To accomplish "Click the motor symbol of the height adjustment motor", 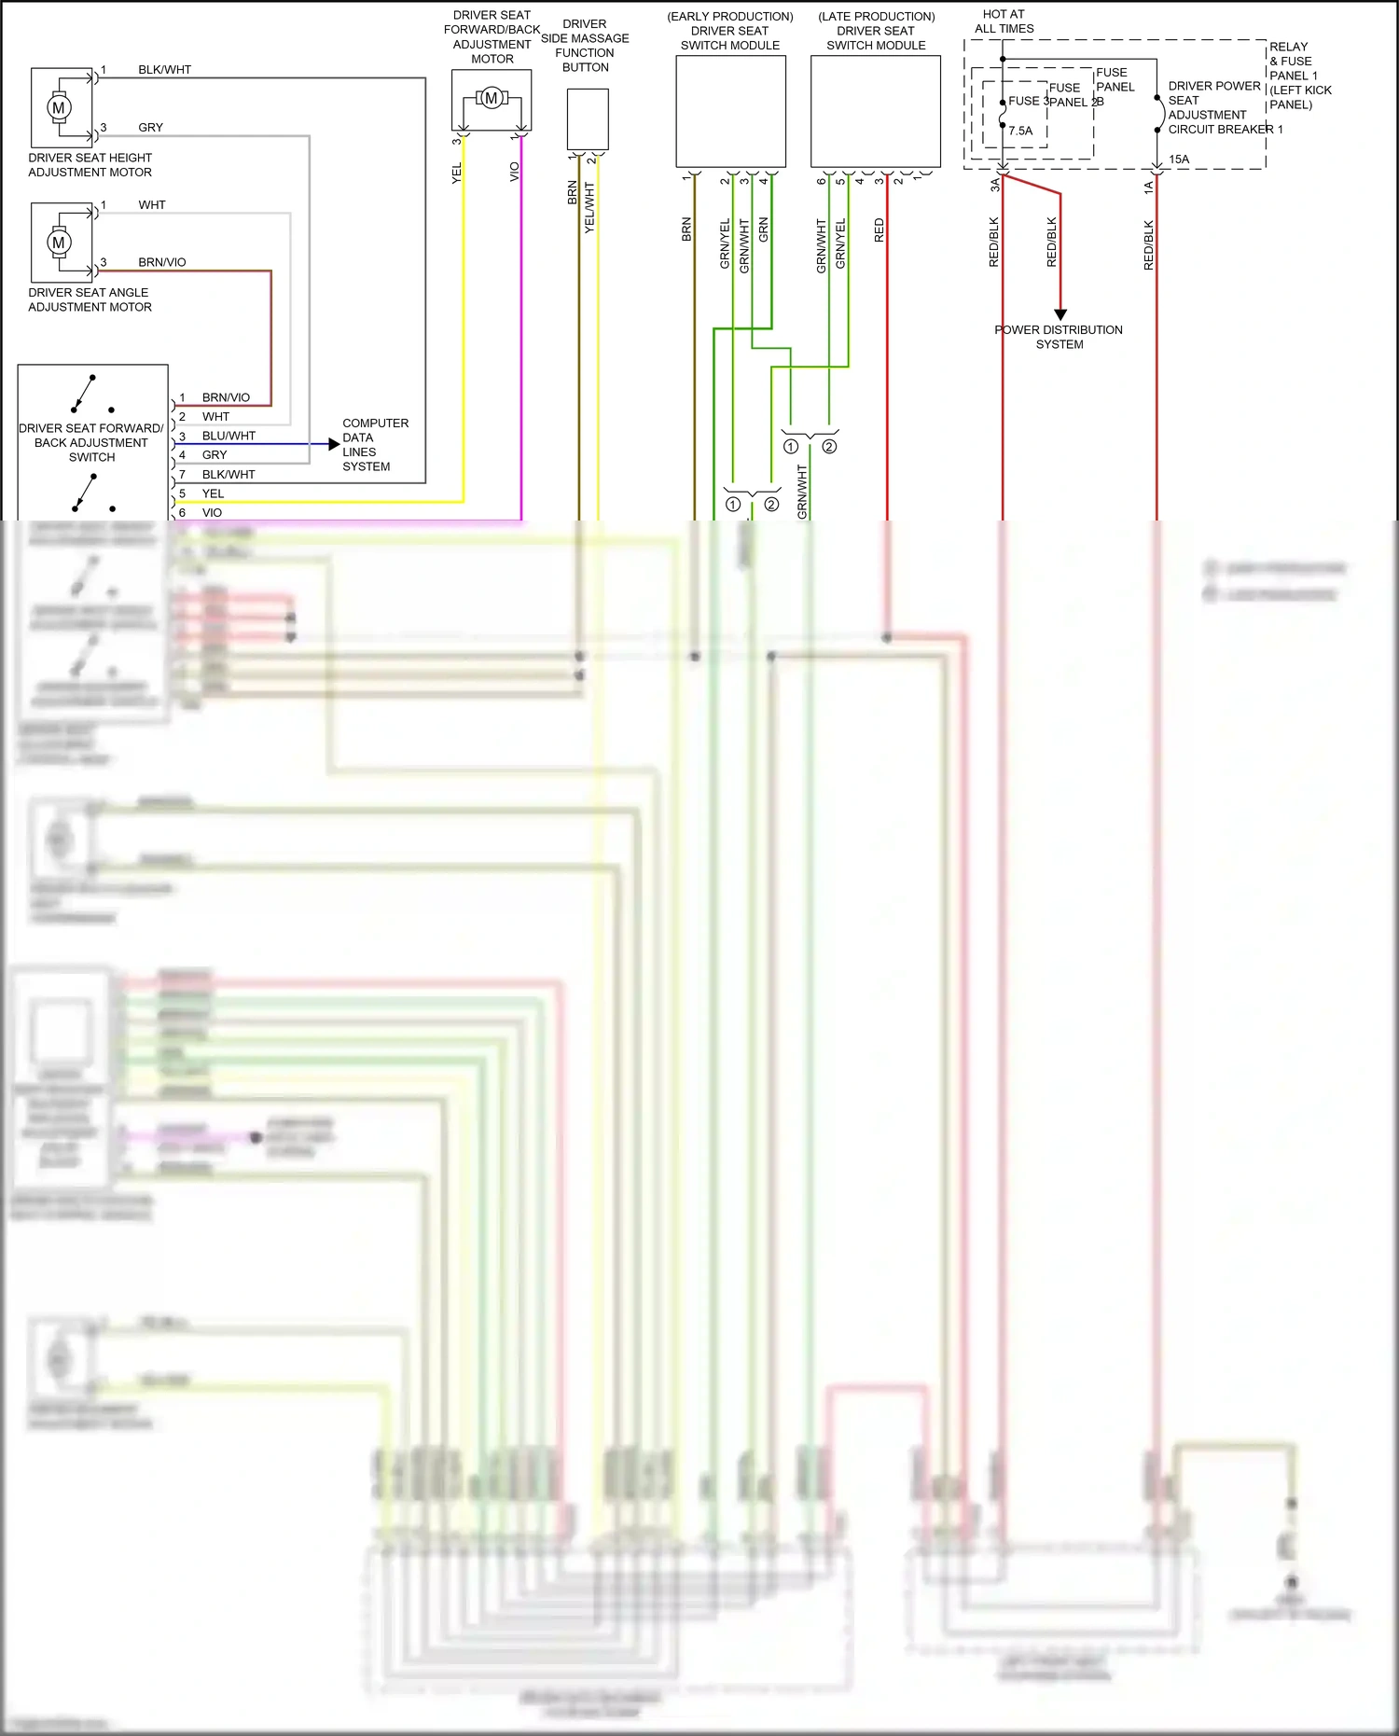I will point(59,107).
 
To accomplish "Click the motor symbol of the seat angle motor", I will point(59,243).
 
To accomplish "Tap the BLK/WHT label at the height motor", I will point(164,70).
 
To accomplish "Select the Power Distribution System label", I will point(1059,337).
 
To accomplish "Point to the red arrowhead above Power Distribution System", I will point(1060,314).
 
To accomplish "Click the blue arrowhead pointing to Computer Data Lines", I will point(334,444).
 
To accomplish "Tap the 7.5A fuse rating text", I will point(1020,132).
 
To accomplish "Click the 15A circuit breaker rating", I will point(1179,160).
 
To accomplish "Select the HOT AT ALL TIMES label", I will point(1004,21).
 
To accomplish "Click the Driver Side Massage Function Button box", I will point(588,119).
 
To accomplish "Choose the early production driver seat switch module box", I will point(730,112).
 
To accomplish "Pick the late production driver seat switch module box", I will point(875,112).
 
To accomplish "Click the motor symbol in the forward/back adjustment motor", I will point(491,98).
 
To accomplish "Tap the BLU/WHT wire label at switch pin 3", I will point(229,436).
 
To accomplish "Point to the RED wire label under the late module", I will point(879,230).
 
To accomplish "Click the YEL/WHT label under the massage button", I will point(589,208).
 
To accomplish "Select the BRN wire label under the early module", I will point(686,229).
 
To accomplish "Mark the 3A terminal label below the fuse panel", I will point(994,186).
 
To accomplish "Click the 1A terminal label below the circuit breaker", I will point(1148,187).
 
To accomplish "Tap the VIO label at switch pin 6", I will point(212,513).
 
